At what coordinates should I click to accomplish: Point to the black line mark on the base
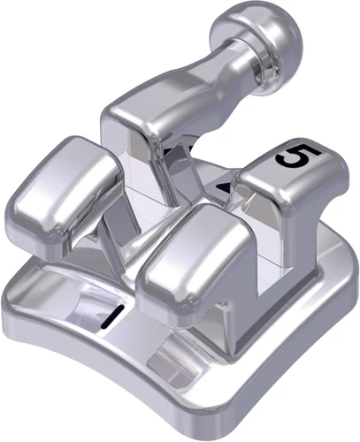click(x=111, y=316)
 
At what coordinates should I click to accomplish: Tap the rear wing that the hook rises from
click(x=142, y=124)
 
